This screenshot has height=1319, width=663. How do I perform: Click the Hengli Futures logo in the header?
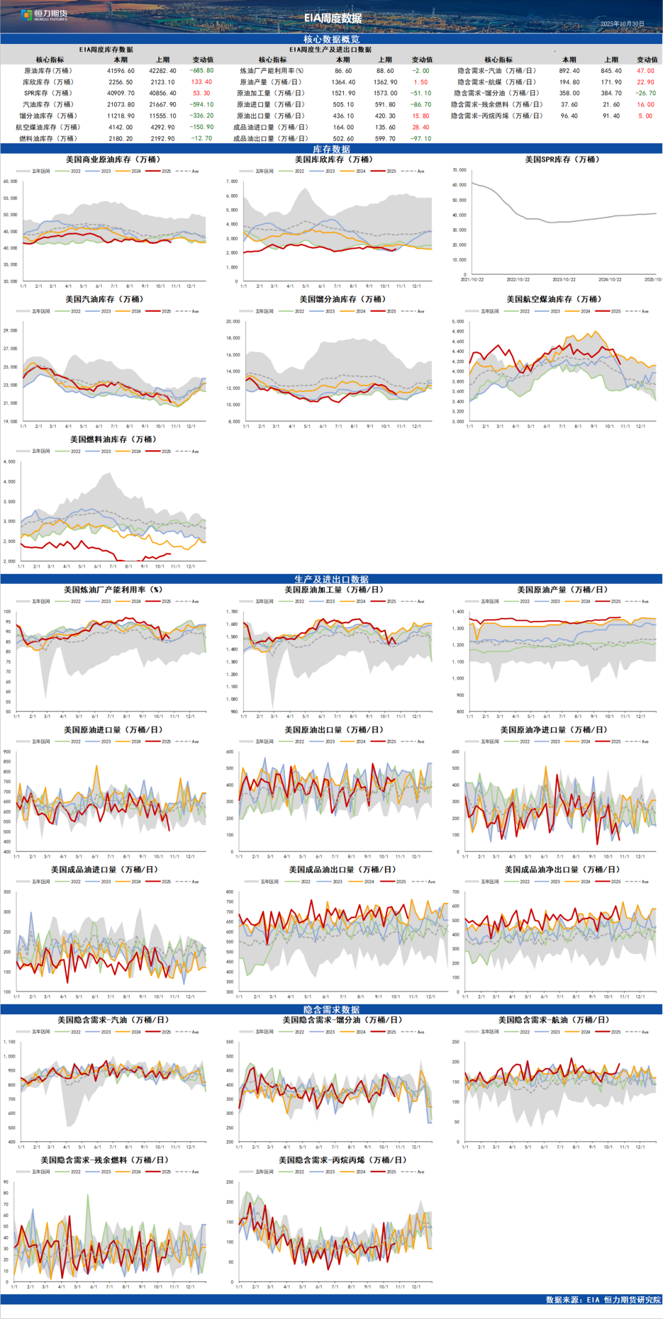click(x=44, y=15)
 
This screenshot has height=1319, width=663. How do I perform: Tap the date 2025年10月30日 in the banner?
click(x=622, y=24)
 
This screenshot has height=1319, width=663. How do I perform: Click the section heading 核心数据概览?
click(x=331, y=39)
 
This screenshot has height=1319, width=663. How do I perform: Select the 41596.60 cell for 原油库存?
click(x=121, y=71)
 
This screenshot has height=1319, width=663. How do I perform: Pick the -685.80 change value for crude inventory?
click(x=202, y=71)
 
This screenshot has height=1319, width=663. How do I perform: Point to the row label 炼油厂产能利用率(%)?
click(x=272, y=71)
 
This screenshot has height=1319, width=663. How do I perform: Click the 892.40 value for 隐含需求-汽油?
click(x=569, y=71)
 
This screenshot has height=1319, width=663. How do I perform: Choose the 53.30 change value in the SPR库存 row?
click(x=201, y=94)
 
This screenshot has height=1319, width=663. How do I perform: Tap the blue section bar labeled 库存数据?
click(x=331, y=150)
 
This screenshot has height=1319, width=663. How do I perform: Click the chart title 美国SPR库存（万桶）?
click(x=562, y=160)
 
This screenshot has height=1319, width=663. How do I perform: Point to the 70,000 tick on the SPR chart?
click(x=459, y=170)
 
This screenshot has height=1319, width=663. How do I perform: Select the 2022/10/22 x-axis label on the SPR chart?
click(x=518, y=280)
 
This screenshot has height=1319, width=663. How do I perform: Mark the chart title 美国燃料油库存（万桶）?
click(x=113, y=440)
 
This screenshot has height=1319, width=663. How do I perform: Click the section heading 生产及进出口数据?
click(x=331, y=579)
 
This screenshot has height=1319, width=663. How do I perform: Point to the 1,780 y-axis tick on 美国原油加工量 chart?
click(x=231, y=612)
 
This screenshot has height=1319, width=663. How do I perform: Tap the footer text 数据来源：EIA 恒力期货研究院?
click(x=603, y=1300)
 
